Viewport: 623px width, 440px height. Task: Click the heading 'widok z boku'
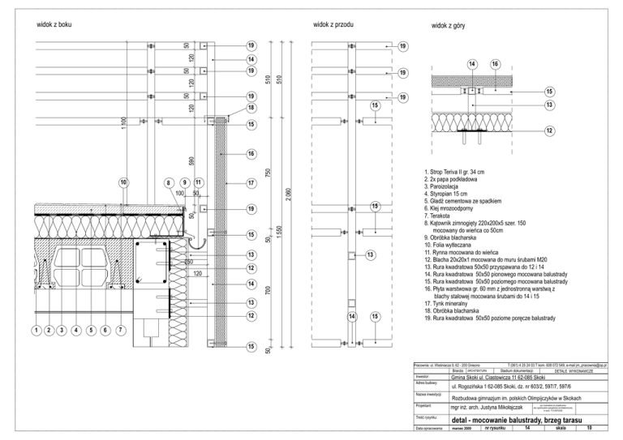tap(55, 25)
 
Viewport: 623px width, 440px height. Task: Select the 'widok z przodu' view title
tap(333, 25)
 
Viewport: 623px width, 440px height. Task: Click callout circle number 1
tap(36, 331)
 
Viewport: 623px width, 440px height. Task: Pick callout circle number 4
tap(76, 331)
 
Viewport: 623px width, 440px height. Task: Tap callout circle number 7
tap(120, 331)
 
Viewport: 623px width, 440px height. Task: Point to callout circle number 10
tap(122, 182)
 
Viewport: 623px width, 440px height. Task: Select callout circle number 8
tap(169, 182)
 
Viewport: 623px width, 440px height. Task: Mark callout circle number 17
tap(251, 183)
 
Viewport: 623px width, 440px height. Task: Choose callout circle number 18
tap(251, 108)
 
